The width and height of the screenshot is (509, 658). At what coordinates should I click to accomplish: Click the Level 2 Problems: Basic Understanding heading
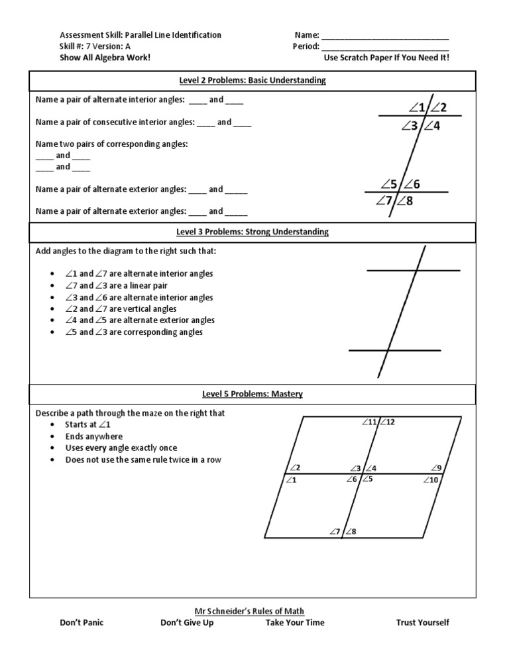252,81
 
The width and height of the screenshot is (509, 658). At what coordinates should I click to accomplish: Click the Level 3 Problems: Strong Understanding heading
252,232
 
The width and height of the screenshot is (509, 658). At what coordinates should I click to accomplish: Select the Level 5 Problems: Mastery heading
252,394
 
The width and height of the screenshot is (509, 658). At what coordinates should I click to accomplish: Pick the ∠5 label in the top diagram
390,184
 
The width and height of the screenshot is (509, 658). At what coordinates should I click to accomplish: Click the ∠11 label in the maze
368,422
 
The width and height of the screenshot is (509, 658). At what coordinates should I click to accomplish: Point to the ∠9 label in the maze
436,468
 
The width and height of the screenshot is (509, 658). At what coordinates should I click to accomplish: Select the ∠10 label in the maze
431,480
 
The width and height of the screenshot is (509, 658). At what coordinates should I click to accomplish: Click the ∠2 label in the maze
295,468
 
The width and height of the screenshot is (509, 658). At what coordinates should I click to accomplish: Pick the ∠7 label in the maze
335,532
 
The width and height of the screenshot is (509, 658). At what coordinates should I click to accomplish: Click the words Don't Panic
82,622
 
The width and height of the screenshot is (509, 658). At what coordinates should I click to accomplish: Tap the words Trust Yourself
422,622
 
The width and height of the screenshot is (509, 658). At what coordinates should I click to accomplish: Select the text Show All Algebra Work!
101,58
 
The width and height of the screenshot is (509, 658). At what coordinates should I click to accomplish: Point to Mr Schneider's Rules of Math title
254,611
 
